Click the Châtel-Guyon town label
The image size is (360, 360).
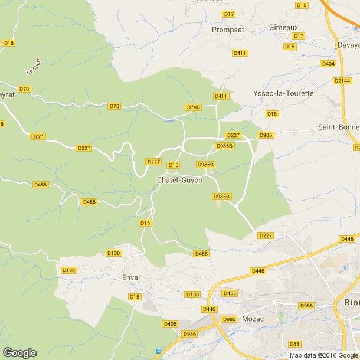click(x=179, y=179)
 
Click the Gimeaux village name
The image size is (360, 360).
click(x=283, y=27)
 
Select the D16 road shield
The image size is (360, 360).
click(x=8, y=43)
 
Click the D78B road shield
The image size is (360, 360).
click(x=194, y=107)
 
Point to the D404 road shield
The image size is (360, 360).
click(x=328, y=64)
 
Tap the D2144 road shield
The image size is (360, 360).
click(x=342, y=81)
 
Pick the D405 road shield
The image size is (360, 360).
click(x=170, y=324)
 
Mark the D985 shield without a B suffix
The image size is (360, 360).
click(x=266, y=135)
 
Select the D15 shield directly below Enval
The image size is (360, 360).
click(x=135, y=296)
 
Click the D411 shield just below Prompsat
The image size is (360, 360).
click(x=240, y=53)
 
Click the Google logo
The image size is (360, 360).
click(x=19, y=352)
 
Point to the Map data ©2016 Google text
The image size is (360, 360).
click(x=323, y=355)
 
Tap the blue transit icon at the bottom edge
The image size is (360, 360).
click(x=158, y=352)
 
